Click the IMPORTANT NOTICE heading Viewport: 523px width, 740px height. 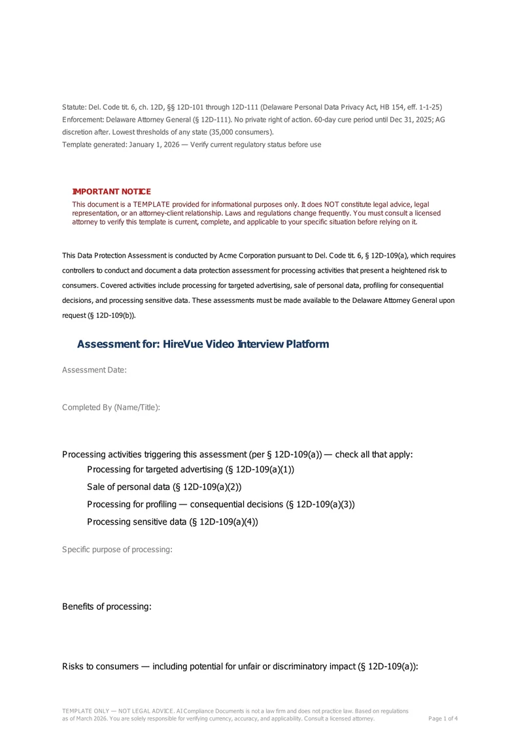pyautogui.click(x=111, y=192)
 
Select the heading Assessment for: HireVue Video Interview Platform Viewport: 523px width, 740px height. pyautogui.click(x=203, y=344)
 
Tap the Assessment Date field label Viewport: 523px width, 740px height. pyautogui.click(x=94, y=370)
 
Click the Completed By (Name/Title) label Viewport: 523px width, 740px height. pyautogui.click(x=111, y=408)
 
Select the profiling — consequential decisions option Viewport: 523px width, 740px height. pyautogui.click(x=221, y=504)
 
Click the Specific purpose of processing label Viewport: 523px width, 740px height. pyautogui.click(x=117, y=550)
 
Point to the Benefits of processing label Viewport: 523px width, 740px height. pyautogui.click(x=107, y=607)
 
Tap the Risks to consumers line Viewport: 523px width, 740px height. pyautogui.click(x=240, y=667)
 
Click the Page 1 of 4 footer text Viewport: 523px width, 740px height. pyautogui.click(x=443, y=718)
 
